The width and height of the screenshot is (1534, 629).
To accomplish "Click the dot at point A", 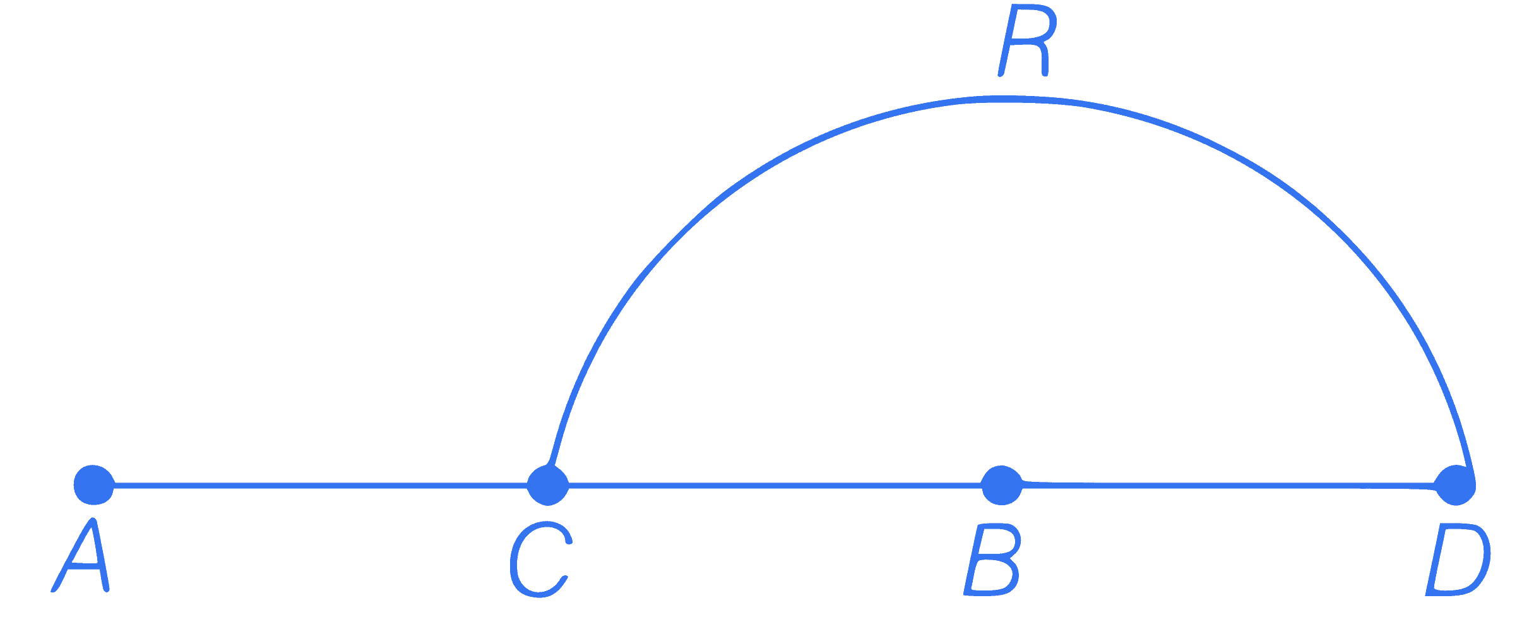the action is click(x=94, y=485).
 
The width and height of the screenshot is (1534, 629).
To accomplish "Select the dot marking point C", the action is click(x=548, y=485).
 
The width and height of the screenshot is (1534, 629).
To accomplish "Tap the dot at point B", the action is click(x=1002, y=485).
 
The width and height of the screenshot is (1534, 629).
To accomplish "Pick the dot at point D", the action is click(x=1455, y=485).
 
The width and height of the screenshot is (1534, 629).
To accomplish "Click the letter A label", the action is click(x=81, y=556).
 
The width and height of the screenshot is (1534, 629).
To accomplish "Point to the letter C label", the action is click(x=540, y=560).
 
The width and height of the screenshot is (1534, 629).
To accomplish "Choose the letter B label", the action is click(x=992, y=560).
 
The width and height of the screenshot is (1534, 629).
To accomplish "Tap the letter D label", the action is click(x=1458, y=560).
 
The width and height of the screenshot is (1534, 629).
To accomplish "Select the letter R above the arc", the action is click(x=1026, y=41).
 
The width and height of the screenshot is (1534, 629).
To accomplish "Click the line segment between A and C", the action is click(x=321, y=485).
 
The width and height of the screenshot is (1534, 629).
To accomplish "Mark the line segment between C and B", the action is click(x=775, y=485).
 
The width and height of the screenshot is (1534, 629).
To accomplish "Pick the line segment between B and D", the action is click(x=1228, y=485).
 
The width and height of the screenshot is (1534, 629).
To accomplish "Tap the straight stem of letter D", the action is click(x=1438, y=560).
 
